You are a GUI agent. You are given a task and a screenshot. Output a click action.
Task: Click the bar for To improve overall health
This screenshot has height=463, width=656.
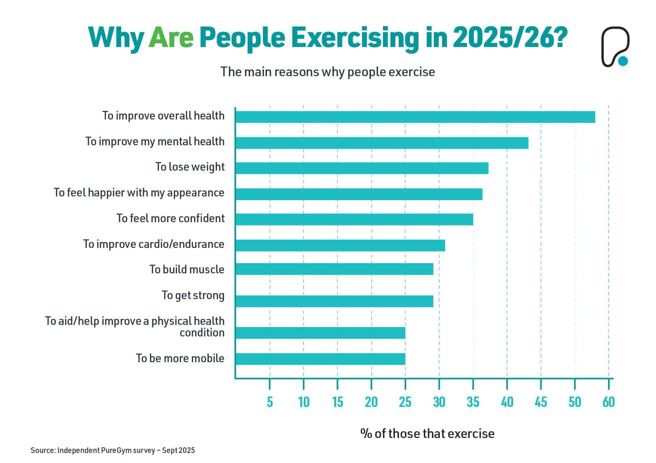coord(415,117)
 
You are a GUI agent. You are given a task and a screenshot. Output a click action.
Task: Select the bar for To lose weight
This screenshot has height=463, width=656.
coord(362,168)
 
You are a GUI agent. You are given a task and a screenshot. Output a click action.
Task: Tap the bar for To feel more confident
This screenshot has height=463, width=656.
coord(354,219)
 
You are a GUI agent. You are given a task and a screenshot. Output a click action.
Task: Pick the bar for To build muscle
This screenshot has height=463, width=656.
coord(334,269)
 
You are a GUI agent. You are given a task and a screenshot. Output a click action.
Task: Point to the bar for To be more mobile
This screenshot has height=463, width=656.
coord(320,359)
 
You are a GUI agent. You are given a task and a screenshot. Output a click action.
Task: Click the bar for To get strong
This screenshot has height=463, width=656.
coord(334,301)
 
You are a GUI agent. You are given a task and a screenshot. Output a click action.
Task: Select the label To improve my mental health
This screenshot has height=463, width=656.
coord(155,142)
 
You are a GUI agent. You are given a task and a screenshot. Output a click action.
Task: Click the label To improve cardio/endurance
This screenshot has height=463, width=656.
coord(154,244)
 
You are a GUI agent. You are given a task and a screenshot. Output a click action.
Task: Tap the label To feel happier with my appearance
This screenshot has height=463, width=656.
coord(139,193)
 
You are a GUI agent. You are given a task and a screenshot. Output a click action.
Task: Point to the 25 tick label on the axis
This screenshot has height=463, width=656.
coord(405,402)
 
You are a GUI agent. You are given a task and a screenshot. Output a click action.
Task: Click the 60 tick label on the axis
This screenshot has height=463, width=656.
coord(609,402)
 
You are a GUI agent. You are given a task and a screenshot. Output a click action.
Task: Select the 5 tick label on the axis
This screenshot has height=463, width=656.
coord(270,402)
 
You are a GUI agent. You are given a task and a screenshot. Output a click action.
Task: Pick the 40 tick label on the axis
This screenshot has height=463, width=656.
coord(507,402)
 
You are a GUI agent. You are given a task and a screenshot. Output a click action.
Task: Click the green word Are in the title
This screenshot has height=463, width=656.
coord(171,38)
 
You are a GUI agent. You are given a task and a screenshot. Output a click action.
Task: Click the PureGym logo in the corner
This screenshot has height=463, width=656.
coord(615,47)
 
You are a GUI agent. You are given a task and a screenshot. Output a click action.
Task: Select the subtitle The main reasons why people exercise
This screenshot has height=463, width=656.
coord(328,72)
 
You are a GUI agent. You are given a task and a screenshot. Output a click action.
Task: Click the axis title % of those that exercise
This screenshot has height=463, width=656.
coord(427,434)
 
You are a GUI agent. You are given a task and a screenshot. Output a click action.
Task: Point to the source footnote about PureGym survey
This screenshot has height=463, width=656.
coord(113,450)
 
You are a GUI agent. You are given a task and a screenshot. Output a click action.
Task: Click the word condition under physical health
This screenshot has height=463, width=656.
coord(202,333)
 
